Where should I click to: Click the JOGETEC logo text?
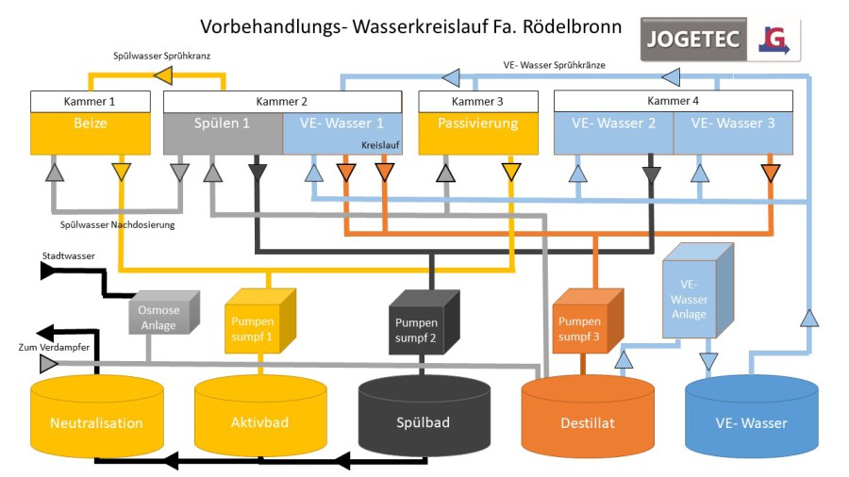point(693,41)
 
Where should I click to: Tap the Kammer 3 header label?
point(478,102)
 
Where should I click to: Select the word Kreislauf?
point(381,146)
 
